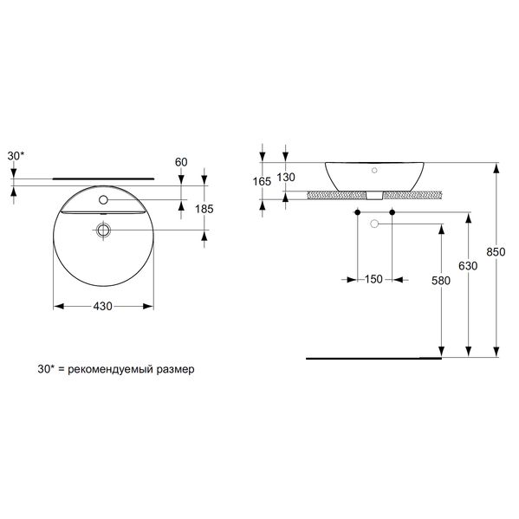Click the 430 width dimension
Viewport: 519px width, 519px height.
pos(102,307)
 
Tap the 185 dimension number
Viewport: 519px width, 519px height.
pos(204,209)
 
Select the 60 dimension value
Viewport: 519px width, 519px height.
pos(181,162)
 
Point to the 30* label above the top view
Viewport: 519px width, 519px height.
pos(16,156)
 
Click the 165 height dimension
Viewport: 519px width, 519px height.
pos(263,181)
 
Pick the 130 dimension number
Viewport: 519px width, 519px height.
pos(286,178)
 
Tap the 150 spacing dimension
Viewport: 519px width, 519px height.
pos(373,279)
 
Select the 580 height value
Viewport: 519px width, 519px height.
pos(441,281)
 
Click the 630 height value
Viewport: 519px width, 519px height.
pos(468,266)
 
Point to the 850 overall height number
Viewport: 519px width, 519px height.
pos(496,252)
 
